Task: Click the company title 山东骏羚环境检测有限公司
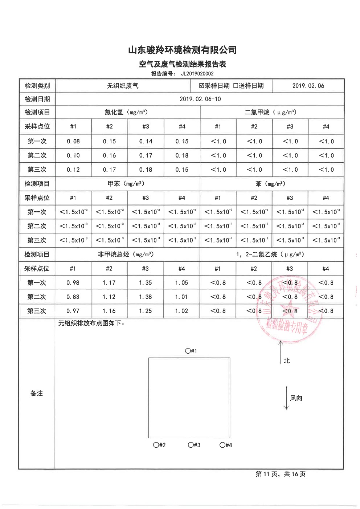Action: coord(182,50)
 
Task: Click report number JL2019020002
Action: coord(197,74)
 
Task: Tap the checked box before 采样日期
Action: coord(202,86)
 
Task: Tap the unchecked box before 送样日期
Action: coord(236,86)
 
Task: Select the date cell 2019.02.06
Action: coord(308,86)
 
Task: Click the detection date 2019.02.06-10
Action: coord(200,99)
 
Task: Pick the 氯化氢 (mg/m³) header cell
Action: coord(126,113)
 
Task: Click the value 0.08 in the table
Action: coord(73,141)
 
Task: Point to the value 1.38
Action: coord(145,297)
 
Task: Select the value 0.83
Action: coord(73,297)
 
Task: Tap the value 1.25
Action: coord(145,311)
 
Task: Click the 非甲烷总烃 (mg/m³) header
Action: coord(126,255)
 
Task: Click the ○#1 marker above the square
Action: coord(191,351)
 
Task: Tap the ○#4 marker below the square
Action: coord(226,445)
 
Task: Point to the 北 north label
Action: coord(287,361)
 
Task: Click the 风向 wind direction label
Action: coord(296,398)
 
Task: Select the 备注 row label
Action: coord(37,394)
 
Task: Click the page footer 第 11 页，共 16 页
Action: coord(281,474)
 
